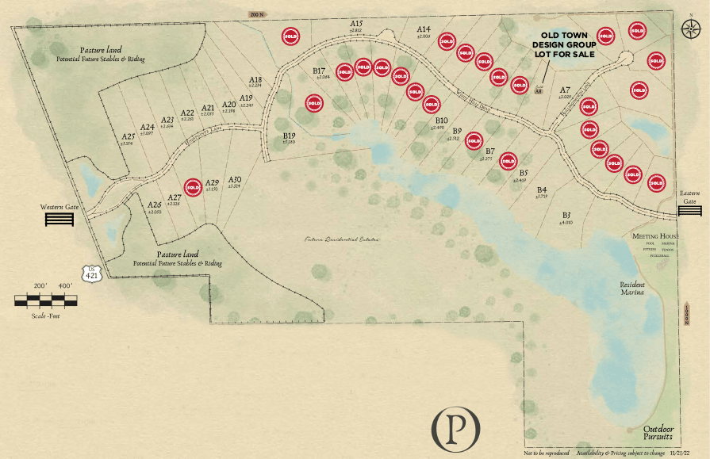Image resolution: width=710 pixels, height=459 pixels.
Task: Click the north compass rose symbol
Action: click(687, 26)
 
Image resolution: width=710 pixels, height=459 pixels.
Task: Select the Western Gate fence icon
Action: click(59, 219)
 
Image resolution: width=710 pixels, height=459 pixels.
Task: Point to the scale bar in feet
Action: click(47, 300)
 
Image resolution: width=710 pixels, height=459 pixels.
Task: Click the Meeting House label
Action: click(655, 236)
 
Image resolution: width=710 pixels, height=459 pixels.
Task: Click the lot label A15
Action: click(356, 25)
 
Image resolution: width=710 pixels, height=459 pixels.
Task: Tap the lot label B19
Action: click(289, 136)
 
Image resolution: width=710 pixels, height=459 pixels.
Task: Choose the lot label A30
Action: click(234, 180)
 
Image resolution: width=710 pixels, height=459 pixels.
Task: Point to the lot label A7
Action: click(566, 90)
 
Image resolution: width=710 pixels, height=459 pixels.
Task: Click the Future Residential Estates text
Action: click(343, 239)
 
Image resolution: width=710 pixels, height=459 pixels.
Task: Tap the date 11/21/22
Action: click(680, 453)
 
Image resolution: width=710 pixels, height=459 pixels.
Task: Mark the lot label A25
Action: click(129, 136)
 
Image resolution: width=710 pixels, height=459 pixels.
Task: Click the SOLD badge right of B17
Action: click(344, 71)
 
